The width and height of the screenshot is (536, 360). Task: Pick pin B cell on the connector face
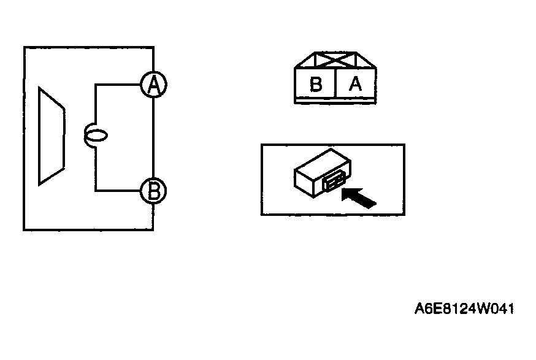coord(315,84)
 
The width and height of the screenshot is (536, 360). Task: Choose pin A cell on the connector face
coord(356,84)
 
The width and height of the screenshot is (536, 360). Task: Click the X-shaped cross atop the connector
coord(335,60)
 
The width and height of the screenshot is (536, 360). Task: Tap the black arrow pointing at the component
coord(359,197)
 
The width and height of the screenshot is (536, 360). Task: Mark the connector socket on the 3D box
coord(333,180)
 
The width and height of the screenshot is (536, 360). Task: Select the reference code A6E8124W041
coord(464,308)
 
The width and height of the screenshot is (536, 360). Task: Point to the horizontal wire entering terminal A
coord(118,85)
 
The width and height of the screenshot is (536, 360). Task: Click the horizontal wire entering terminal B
coord(118,191)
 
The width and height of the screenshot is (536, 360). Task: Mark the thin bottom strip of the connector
coord(335,101)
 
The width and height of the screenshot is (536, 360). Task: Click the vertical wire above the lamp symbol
coord(96,104)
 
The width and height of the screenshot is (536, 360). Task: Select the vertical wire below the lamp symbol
coord(96,169)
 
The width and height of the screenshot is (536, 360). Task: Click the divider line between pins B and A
coord(336,84)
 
